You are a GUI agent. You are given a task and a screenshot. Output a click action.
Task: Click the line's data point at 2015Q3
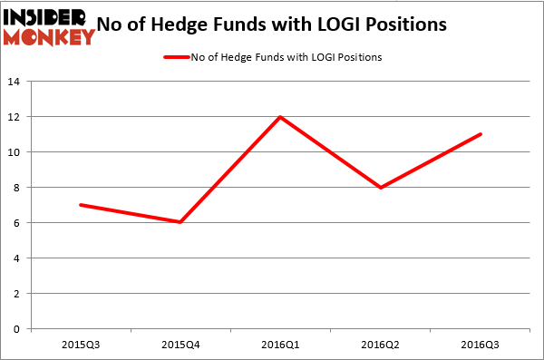tap(81, 205)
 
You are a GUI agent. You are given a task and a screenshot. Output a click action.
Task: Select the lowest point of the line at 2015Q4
tap(181, 222)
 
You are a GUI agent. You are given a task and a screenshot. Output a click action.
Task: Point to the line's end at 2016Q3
tap(481, 134)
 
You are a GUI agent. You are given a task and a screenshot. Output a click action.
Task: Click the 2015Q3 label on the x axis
tap(81, 345)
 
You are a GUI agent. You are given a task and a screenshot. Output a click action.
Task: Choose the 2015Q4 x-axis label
tap(181, 345)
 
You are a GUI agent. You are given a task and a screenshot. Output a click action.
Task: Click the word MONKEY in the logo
tap(49, 36)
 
